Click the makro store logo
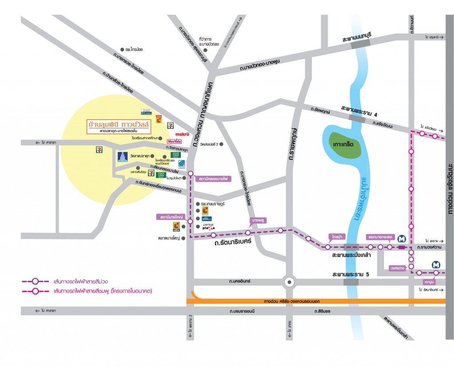[x=182, y=134]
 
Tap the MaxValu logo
[x=174, y=141]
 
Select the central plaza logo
[x=208, y=227]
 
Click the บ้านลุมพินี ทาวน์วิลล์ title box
[x=118, y=126]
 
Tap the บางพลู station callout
[x=258, y=220]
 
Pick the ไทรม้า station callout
[x=334, y=236]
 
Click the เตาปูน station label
[x=428, y=281]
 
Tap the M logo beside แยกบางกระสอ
[x=402, y=238]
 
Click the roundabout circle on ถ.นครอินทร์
[x=289, y=281]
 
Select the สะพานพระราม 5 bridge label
[x=351, y=274]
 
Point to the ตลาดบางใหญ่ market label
[x=172, y=238]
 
